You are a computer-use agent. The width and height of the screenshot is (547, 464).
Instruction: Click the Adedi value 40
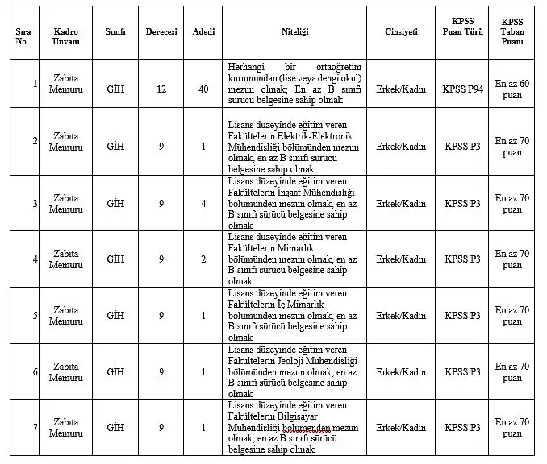(x=203, y=84)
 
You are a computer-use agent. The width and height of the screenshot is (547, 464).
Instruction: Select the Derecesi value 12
(x=161, y=84)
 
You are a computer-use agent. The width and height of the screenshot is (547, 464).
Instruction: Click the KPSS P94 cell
(x=462, y=84)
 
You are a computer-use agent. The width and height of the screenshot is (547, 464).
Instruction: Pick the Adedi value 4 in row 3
(x=203, y=203)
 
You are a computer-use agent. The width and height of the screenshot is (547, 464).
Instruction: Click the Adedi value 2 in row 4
(x=203, y=259)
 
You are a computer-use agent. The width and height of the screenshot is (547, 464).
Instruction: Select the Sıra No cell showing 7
(x=35, y=427)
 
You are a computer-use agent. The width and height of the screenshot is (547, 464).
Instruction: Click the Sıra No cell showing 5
(x=35, y=315)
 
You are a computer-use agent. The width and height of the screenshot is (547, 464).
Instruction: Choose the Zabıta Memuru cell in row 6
(x=65, y=371)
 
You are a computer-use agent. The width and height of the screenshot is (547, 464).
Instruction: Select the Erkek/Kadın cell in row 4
(x=401, y=259)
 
